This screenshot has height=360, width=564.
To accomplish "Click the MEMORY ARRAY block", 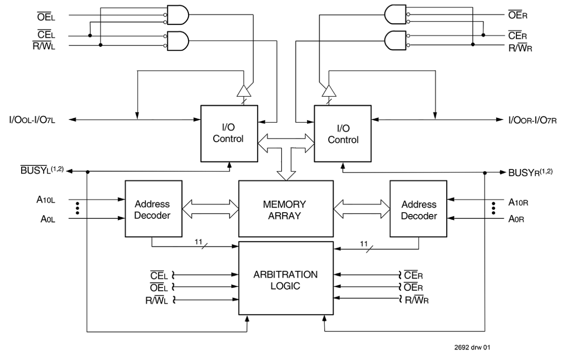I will point(285,209).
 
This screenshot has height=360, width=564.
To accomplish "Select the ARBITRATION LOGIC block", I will point(285,279).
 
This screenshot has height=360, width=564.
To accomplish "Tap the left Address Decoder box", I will point(153,209).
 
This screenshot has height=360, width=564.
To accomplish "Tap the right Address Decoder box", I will point(418,209).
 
